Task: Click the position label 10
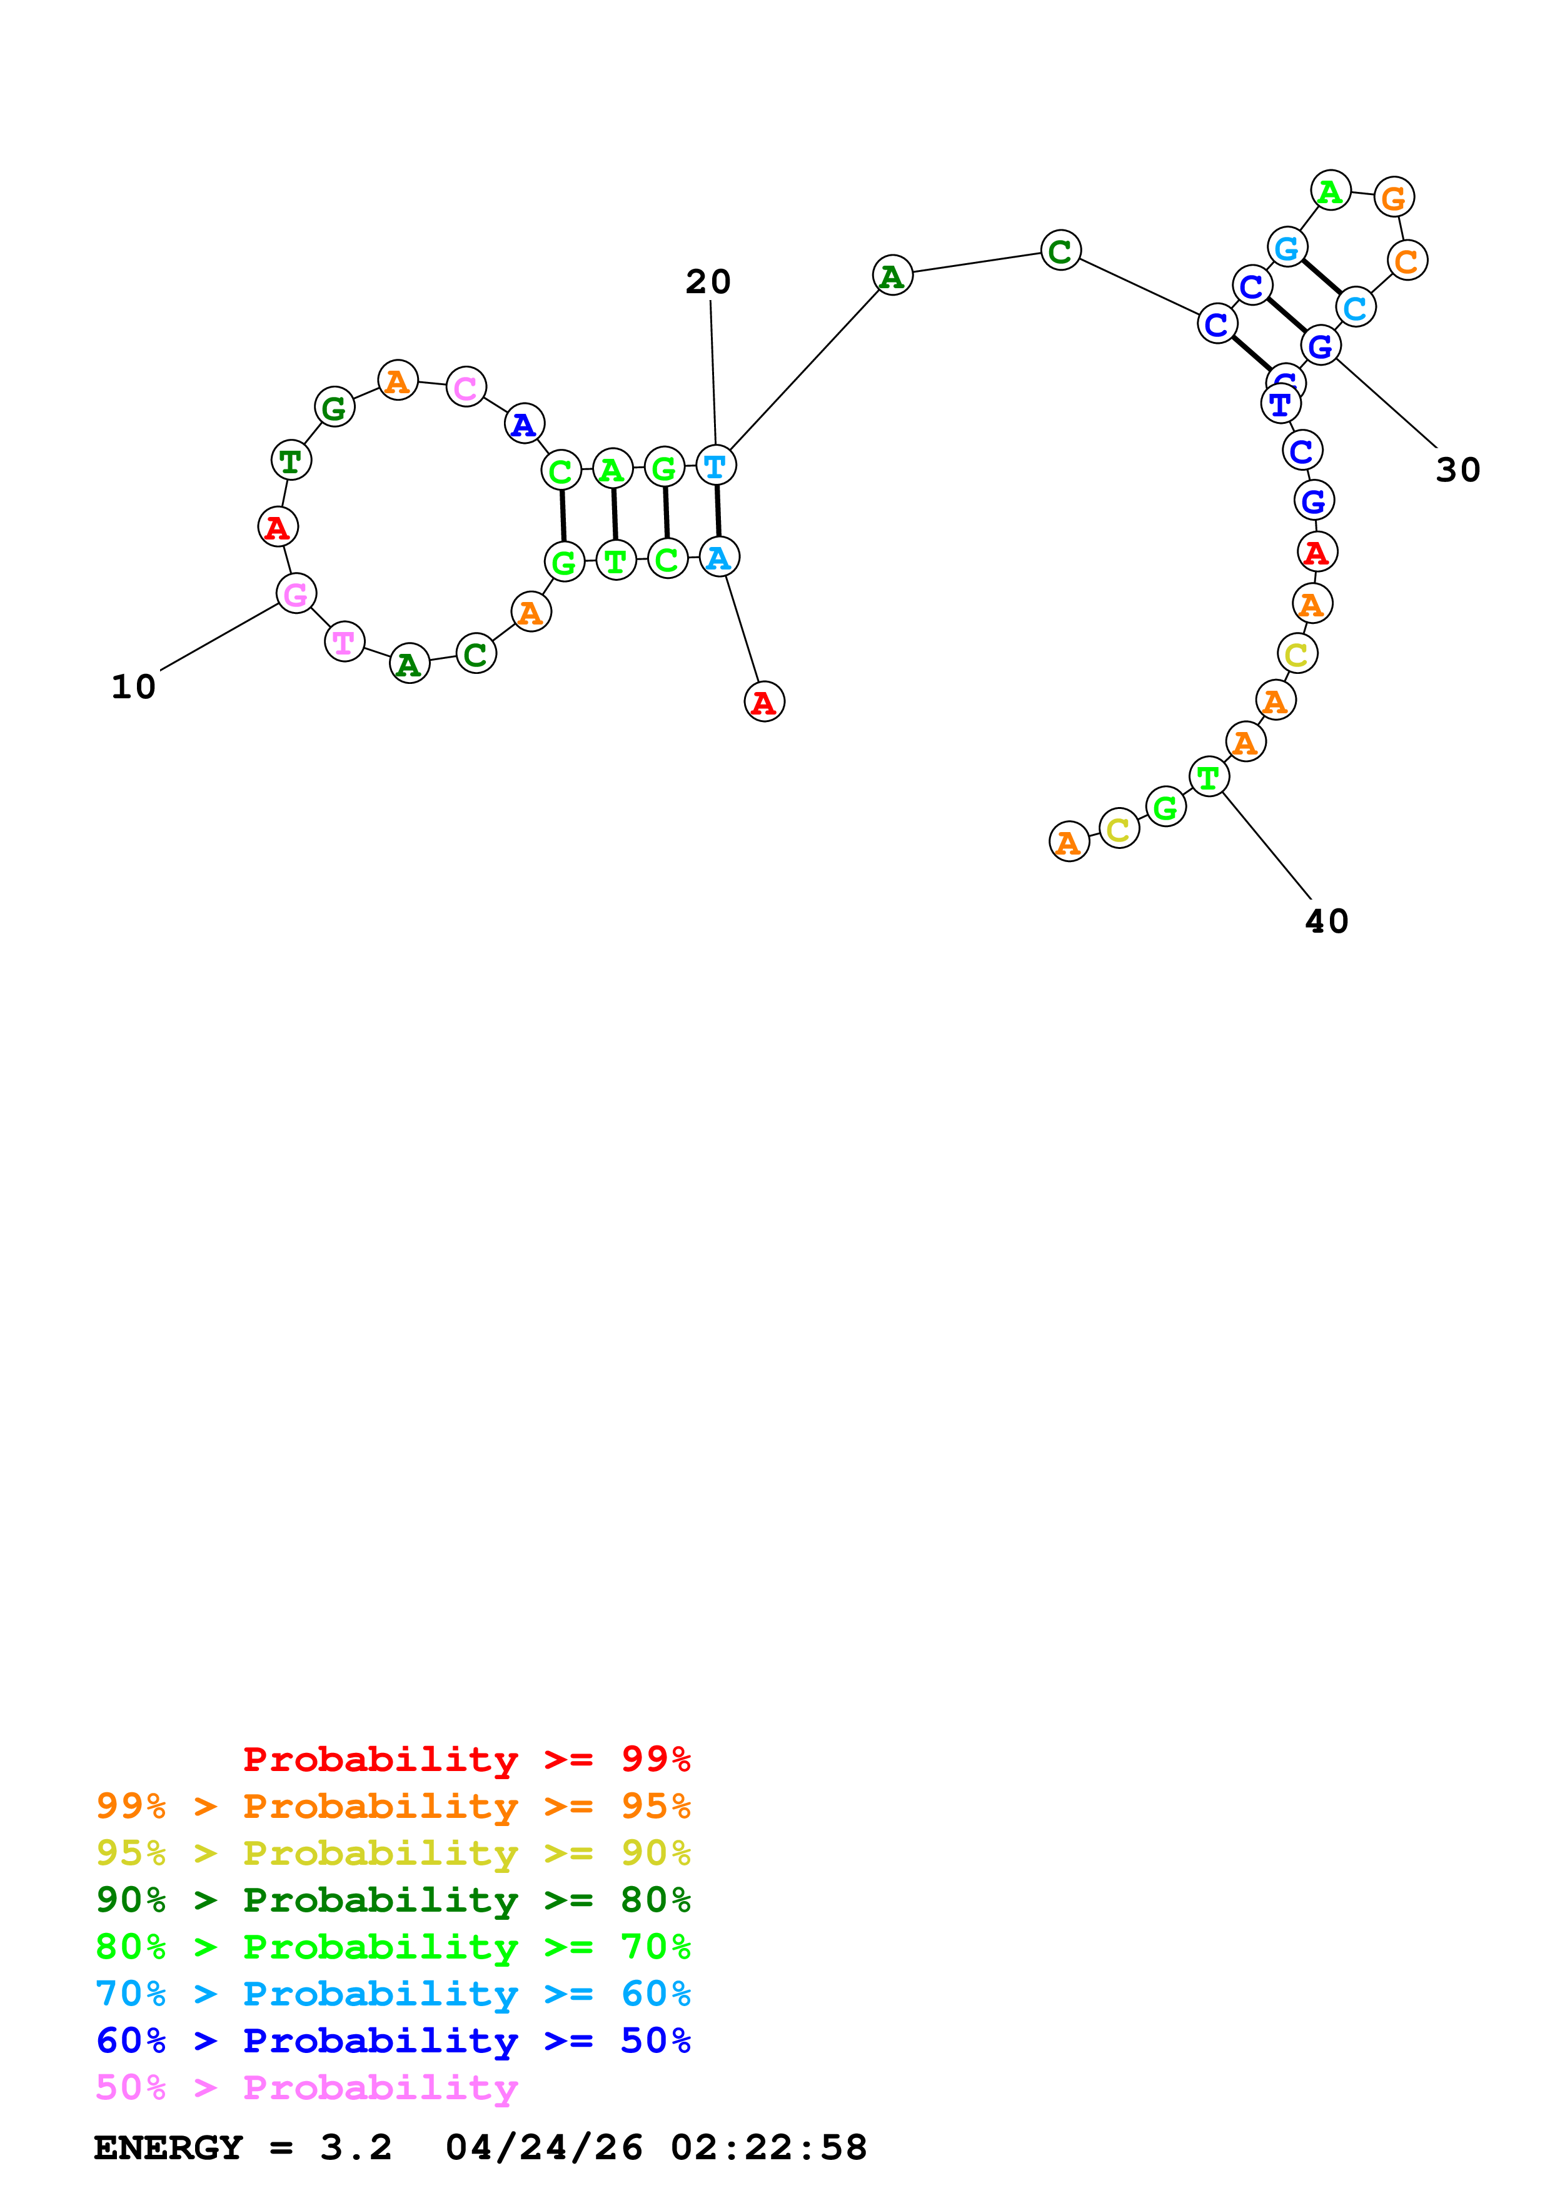[x=134, y=687]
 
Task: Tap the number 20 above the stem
[x=708, y=282]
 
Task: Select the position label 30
[x=1457, y=470]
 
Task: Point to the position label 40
[x=1327, y=921]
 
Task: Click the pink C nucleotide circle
[x=466, y=387]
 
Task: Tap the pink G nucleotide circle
[x=296, y=593]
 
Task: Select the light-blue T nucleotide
[x=715, y=466]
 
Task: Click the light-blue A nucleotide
[x=719, y=557]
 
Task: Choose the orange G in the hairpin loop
[x=1394, y=197]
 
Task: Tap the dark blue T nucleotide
[x=1281, y=404]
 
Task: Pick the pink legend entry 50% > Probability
[x=306, y=2087]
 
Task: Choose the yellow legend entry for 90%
[x=393, y=1852]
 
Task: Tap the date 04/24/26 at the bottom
[x=543, y=2147]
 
